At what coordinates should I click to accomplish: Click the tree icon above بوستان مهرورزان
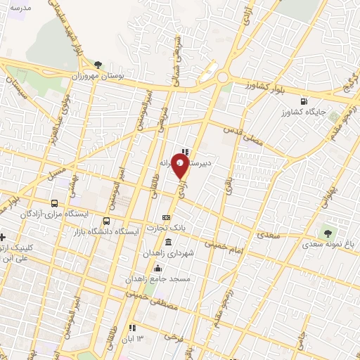[98, 64]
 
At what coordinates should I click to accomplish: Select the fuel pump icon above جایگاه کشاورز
[304, 101]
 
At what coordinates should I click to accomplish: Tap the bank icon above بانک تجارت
[166, 217]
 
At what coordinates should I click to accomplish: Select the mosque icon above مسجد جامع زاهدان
[157, 268]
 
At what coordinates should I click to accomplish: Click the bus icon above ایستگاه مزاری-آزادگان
[54, 203]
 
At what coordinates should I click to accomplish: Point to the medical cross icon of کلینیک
[3, 237]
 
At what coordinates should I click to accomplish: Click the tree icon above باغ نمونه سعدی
[326, 232]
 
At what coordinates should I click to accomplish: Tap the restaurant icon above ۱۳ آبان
[131, 328]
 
